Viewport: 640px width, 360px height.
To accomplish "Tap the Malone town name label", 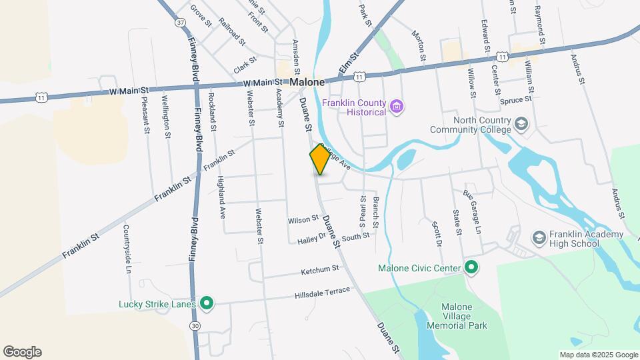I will (307, 82).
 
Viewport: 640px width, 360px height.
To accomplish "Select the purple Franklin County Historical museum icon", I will (397, 107).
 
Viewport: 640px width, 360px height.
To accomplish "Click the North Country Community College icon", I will (521, 125).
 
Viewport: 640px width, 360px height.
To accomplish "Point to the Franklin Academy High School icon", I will (539, 238).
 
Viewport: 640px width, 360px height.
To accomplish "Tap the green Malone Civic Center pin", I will (471, 269).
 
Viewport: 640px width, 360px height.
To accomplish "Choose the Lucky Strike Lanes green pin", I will (207, 304).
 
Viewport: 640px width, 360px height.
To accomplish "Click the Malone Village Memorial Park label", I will (464, 317).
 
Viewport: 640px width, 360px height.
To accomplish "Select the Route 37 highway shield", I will (180, 23).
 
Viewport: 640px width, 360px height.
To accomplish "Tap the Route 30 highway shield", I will (195, 325).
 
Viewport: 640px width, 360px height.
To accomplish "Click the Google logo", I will (22, 352).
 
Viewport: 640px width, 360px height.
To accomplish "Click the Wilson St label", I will (303, 219).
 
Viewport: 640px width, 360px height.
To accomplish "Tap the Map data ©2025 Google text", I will (599, 355).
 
